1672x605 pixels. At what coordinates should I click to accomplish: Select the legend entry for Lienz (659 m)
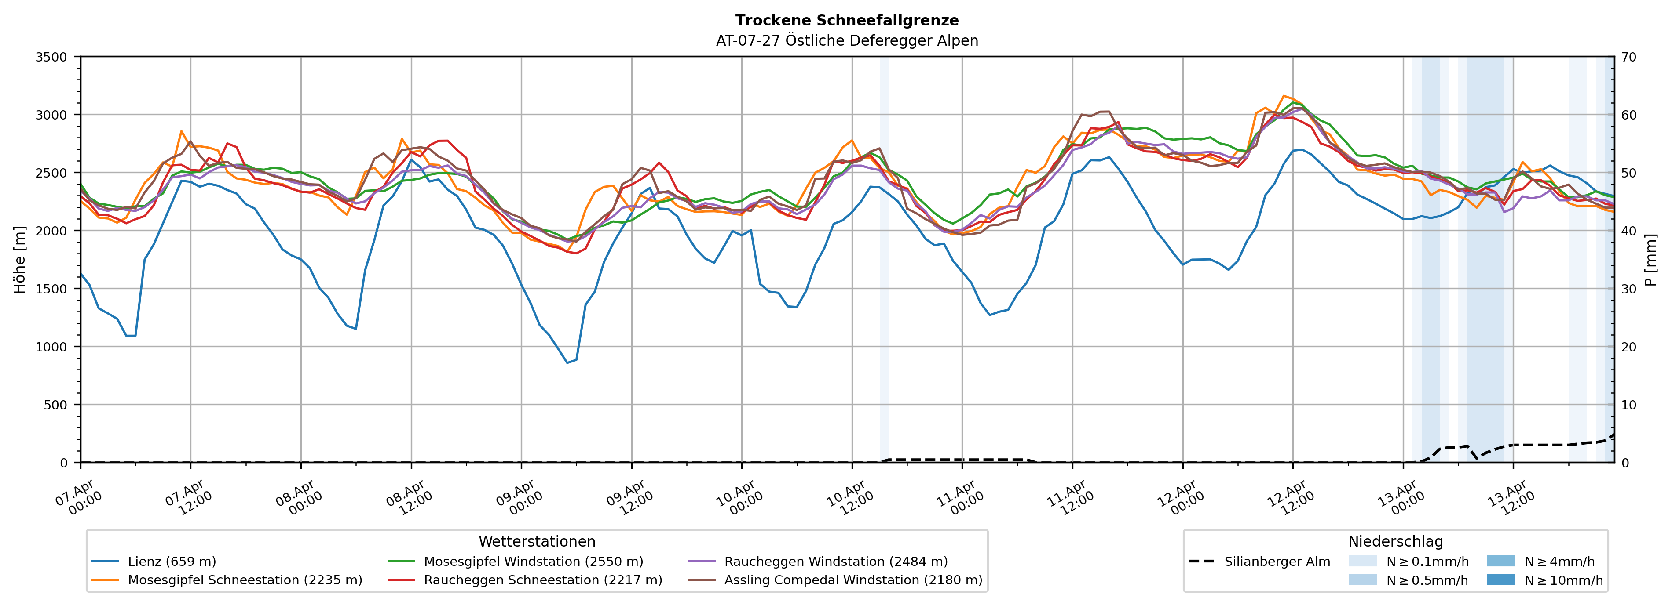pyautogui.click(x=172, y=562)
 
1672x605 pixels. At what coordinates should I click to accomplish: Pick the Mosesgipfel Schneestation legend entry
pyautogui.click(x=245, y=580)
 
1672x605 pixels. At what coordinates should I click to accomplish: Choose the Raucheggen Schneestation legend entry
pyautogui.click(x=543, y=580)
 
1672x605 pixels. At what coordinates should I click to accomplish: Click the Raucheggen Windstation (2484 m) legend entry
pyautogui.click(x=835, y=562)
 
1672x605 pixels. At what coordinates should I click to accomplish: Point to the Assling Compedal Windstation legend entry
pyautogui.click(x=853, y=580)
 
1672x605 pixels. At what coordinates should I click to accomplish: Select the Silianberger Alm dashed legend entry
pyautogui.click(x=1277, y=562)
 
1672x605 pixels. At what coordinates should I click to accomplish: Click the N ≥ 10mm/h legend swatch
pyautogui.click(x=1500, y=580)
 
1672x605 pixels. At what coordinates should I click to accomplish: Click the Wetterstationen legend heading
pyautogui.click(x=537, y=541)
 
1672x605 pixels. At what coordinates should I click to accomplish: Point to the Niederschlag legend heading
pyautogui.click(x=1395, y=541)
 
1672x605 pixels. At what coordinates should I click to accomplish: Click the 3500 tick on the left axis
pyautogui.click(x=51, y=57)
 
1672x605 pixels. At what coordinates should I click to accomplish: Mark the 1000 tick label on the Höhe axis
pyautogui.click(x=51, y=347)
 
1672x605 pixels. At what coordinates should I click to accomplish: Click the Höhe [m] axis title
pyautogui.click(x=20, y=259)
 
